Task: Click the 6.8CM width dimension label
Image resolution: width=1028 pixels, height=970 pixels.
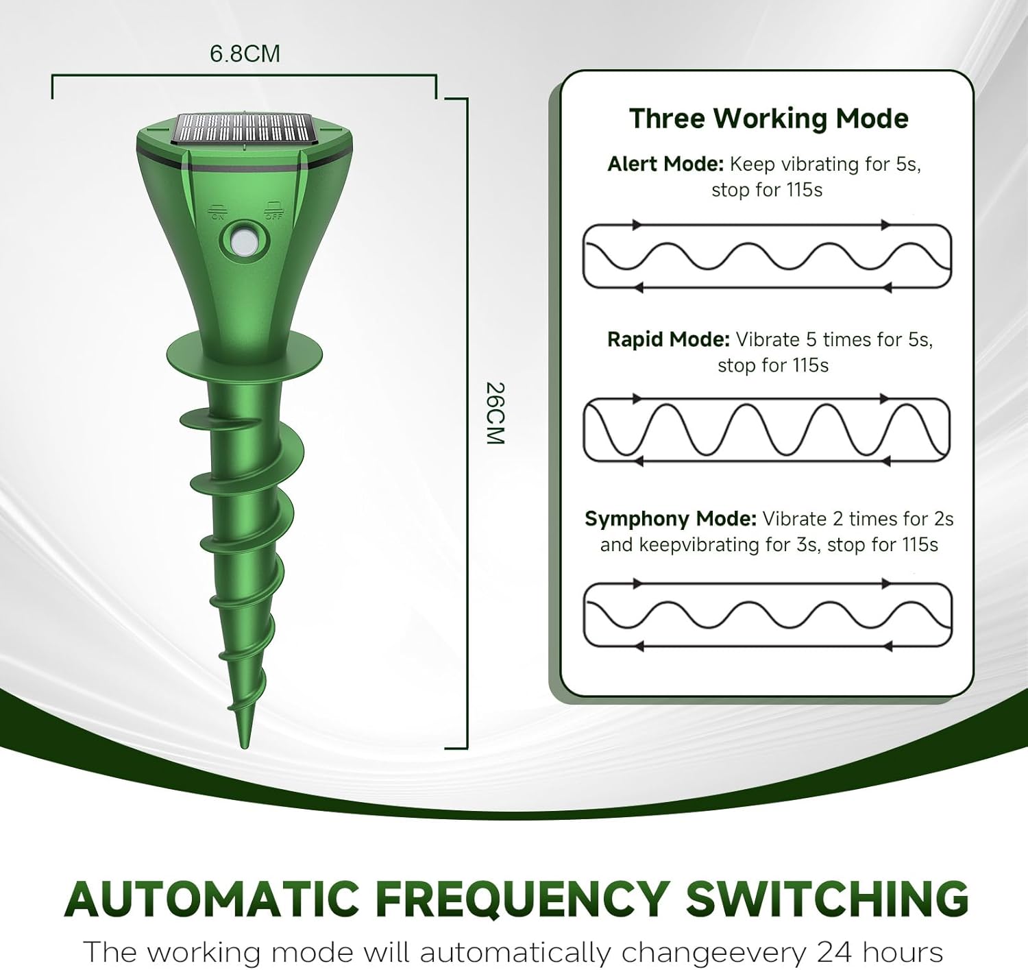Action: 245,53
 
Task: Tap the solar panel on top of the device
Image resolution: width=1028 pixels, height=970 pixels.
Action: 243,128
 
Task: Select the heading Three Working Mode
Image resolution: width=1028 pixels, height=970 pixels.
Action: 768,119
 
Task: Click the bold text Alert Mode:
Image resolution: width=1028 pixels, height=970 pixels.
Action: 665,165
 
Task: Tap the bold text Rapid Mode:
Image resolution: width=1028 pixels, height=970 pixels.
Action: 668,340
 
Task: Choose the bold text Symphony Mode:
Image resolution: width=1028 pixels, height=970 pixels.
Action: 670,519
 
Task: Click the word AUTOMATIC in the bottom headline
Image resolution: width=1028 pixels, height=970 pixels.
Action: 212,898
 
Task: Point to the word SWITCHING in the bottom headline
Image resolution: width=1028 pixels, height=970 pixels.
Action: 827,898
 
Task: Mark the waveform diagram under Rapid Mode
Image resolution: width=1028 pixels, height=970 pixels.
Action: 767,430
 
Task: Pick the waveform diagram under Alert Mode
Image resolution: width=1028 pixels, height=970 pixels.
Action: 767,256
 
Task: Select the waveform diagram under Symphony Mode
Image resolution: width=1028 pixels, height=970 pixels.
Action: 767,615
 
